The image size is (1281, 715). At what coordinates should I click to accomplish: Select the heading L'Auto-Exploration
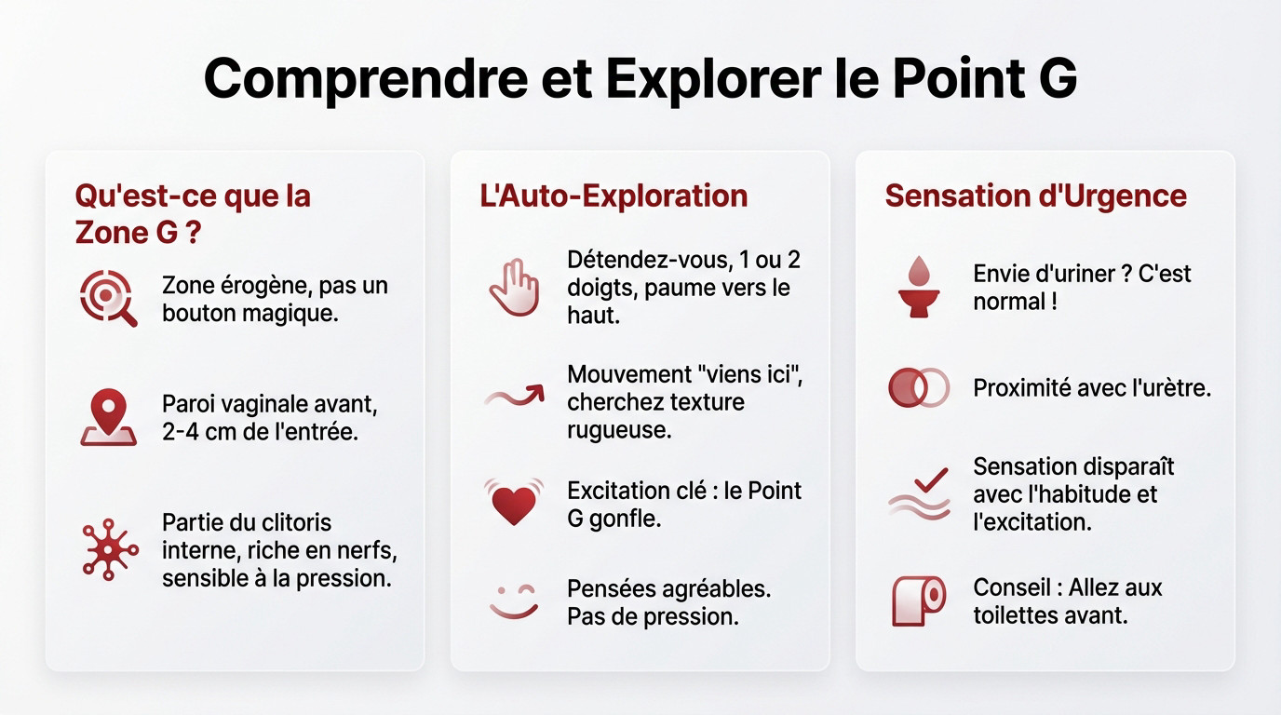pyautogui.click(x=614, y=196)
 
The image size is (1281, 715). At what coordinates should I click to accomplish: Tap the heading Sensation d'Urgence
pyautogui.click(x=1035, y=196)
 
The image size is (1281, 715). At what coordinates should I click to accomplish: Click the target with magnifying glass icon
pyautogui.click(x=108, y=298)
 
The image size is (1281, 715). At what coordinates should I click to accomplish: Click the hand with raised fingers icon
pyautogui.click(x=513, y=287)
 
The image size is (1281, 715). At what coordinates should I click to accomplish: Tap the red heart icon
pyautogui.click(x=513, y=503)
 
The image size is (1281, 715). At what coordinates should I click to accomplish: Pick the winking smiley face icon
pyautogui.click(x=514, y=600)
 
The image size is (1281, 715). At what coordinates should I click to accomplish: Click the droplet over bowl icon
pyautogui.click(x=918, y=287)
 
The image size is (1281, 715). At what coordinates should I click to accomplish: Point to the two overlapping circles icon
pyautogui.click(x=918, y=387)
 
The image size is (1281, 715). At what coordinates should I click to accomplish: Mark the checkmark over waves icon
pyautogui.click(x=919, y=493)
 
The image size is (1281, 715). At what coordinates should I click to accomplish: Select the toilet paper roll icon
pyautogui.click(x=919, y=600)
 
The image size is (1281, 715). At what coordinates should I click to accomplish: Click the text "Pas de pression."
pyautogui.click(x=653, y=615)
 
